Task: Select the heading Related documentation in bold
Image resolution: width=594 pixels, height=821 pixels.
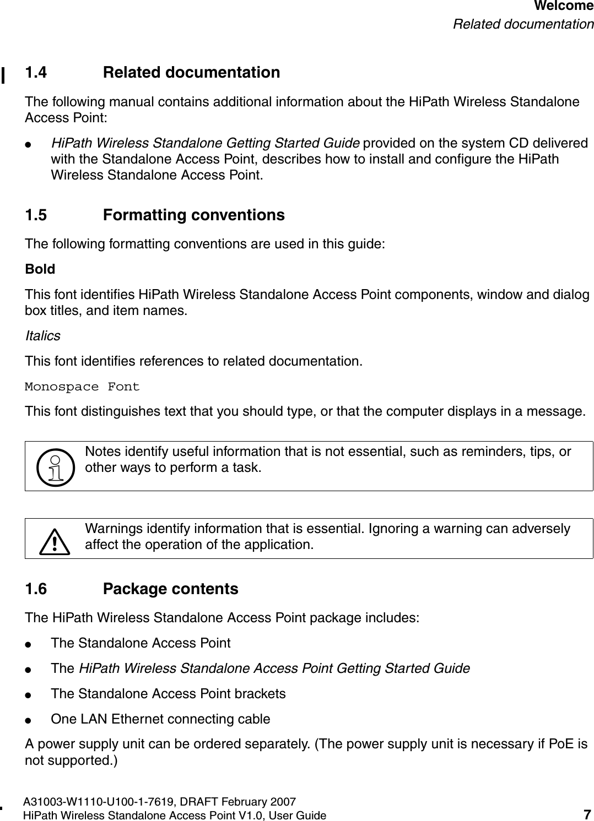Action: click(x=191, y=73)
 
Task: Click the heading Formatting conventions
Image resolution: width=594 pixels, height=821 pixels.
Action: click(x=194, y=215)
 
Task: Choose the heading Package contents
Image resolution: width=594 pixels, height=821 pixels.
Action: click(x=171, y=589)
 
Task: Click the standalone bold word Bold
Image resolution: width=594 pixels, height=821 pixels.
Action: click(x=40, y=269)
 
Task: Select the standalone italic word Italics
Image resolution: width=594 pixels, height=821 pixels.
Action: click(x=43, y=336)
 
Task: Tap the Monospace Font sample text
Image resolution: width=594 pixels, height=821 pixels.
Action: click(x=83, y=387)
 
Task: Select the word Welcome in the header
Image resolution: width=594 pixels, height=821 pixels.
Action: click(x=564, y=7)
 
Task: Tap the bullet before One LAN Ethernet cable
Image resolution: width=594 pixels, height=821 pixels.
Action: click(x=35, y=719)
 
